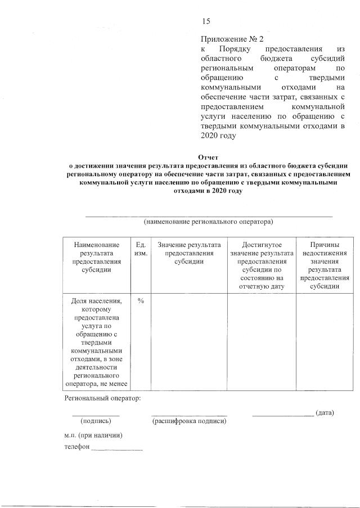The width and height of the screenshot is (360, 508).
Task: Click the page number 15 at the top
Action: pos(206,21)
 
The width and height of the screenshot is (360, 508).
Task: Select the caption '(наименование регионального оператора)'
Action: pos(208,222)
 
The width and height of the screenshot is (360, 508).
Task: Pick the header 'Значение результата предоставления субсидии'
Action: pos(188,253)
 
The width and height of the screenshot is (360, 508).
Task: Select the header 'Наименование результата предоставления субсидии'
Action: pos(96,257)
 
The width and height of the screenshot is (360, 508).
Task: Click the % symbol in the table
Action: pos(141,301)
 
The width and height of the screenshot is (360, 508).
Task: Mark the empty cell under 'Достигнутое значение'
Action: pos(261,342)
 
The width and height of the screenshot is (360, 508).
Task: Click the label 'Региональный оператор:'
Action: pos(102,398)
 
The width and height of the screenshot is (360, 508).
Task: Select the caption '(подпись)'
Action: pos(96,420)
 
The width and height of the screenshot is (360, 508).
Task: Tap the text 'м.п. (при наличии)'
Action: pos(93,435)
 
